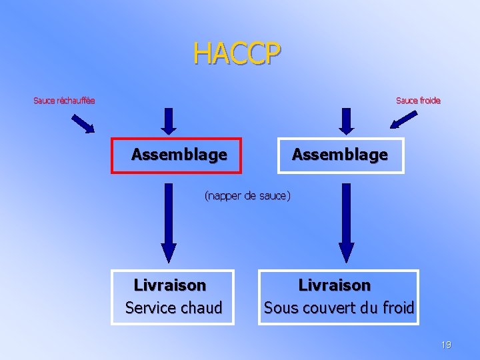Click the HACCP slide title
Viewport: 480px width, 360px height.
click(x=237, y=54)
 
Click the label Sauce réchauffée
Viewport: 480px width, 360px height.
click(x=64, y=101)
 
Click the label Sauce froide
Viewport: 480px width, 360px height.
click(x=418, y=101)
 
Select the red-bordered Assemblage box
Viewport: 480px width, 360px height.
click(x=179, y=155)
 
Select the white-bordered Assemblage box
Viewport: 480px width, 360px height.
click(x=340, y=155)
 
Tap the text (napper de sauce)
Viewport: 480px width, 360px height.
click(x=247, y=196)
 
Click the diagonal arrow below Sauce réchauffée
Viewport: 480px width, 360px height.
click(x=83, y=124)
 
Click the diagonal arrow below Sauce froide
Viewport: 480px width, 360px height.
click(x=404, y=119)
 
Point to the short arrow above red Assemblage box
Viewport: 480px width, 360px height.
click(x=169, y=121)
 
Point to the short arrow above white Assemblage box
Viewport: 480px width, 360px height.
click(x=346, y=121)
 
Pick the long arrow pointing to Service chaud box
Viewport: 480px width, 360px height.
click(x=169, y=223)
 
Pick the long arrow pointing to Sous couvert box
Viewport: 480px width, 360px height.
click(x=346, y=223)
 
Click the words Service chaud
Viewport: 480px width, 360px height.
click(x=173, y=308)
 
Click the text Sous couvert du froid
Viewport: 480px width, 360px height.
click(x=339, y=308)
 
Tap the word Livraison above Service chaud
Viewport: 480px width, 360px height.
click(x=170, y=285)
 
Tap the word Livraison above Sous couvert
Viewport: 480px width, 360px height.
click(x=334, y=285)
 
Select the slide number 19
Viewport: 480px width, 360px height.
click(x=446, y=345)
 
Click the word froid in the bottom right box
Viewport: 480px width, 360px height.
click(x=398, y=308)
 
